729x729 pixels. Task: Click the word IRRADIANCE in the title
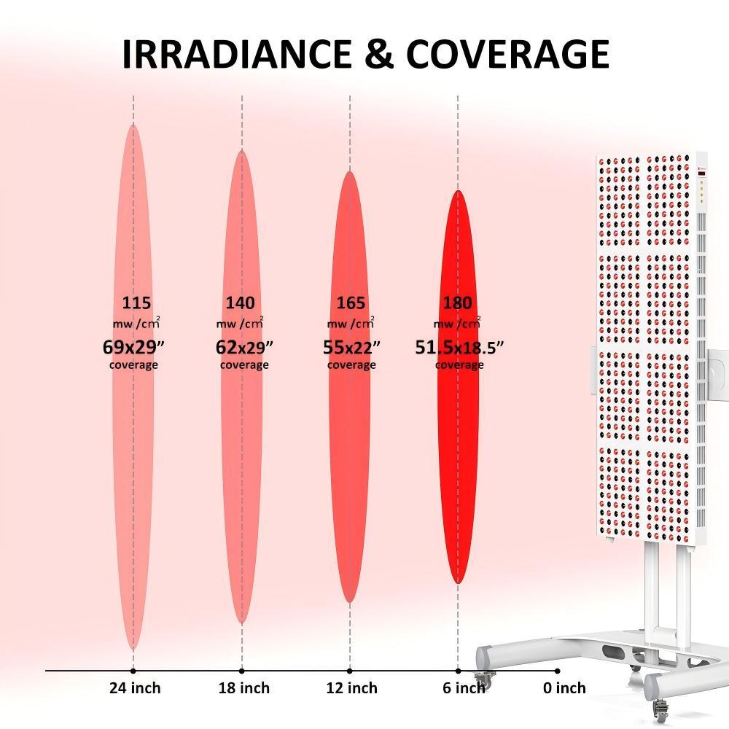click(x=237, y=54)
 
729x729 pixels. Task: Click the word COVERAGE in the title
click(x=507, y=54)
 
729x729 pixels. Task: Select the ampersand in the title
click(x=379, y=54)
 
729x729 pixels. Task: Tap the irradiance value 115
click(x=136, y=303)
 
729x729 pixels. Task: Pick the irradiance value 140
click(x=240, y=303)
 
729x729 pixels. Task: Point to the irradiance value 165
click(x=351, y=303)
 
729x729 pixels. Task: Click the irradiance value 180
click(x=458, y=303)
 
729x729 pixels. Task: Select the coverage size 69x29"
click(x=133, y=347)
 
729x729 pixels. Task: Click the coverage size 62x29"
click(x=244, y=347)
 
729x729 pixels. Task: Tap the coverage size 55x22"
click(x=351, y=347)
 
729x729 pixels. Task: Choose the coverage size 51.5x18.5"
click(x=459, y=347)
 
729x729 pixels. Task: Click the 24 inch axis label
click(x=135, y=687)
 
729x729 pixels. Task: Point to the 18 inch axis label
click(x=244, y=687)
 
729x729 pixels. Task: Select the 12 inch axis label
click(x=351, y=687)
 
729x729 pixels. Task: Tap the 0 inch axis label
click(x=564, y=687)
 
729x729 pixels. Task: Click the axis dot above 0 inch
click(x=557, y=671)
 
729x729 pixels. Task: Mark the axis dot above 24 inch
click(x=133, y=671)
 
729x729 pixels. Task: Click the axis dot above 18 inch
click(x=242, y=671)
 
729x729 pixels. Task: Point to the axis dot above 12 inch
click(x=350, y=671)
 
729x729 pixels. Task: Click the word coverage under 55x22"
click(x=351, y=365)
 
